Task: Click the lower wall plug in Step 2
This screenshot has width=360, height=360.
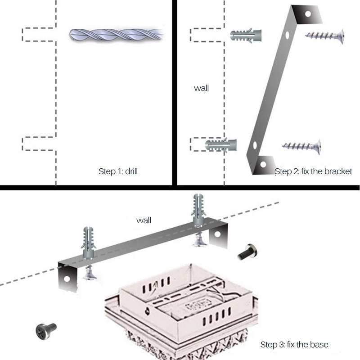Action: (221, 145)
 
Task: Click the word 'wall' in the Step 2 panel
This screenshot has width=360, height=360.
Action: (201, 88)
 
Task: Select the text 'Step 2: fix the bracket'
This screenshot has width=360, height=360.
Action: (313, 171)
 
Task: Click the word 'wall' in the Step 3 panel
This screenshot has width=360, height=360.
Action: (144, 220)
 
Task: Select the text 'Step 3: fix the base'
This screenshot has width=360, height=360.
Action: (294, 345)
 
